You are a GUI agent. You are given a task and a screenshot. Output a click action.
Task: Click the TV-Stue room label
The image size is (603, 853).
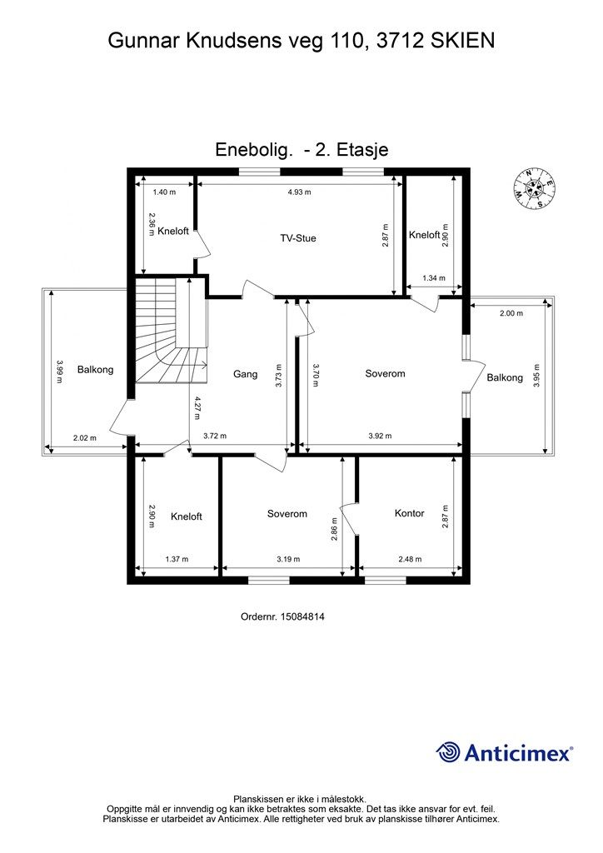tap(298, 238)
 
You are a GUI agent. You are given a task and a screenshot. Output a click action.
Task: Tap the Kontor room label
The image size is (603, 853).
tap(410, 513)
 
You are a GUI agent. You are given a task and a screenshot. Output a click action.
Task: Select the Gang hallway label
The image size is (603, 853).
tap(245, 374)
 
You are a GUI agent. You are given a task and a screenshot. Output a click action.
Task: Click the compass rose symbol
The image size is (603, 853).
tap(535, 188)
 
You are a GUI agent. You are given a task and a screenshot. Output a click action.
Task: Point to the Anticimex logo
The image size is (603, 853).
tap(504, 752)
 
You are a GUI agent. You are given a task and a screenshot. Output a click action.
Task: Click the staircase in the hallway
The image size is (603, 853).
tap(172, 330)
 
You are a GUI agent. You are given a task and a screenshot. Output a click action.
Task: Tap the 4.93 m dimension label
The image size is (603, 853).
tap(300, 192)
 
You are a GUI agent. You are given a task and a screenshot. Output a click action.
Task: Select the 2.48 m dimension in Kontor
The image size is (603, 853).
tap(410, 559)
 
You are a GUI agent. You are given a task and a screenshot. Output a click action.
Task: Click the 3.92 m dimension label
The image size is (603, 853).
tap(380, 436)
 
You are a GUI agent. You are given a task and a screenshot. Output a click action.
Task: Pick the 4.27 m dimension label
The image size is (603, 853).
tap(197, 408)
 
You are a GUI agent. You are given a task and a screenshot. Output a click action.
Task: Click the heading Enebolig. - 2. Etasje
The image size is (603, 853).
tap(301, 150)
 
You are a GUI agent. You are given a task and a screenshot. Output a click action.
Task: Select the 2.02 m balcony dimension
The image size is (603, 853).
tap(85, 437)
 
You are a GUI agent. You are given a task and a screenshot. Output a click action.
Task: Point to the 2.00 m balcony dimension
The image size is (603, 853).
tap(511, 313)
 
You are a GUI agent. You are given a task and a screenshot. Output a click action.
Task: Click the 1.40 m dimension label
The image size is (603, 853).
tap(164, 192)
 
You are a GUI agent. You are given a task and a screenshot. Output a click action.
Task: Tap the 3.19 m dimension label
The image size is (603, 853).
tap(288, 559)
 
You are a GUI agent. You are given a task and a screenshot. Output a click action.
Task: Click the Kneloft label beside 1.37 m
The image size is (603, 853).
tap(187, 516)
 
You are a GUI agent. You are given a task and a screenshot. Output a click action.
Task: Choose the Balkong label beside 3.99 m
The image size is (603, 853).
tap(95, 369)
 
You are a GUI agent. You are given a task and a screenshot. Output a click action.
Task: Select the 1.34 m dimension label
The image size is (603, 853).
tap(434, 278)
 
